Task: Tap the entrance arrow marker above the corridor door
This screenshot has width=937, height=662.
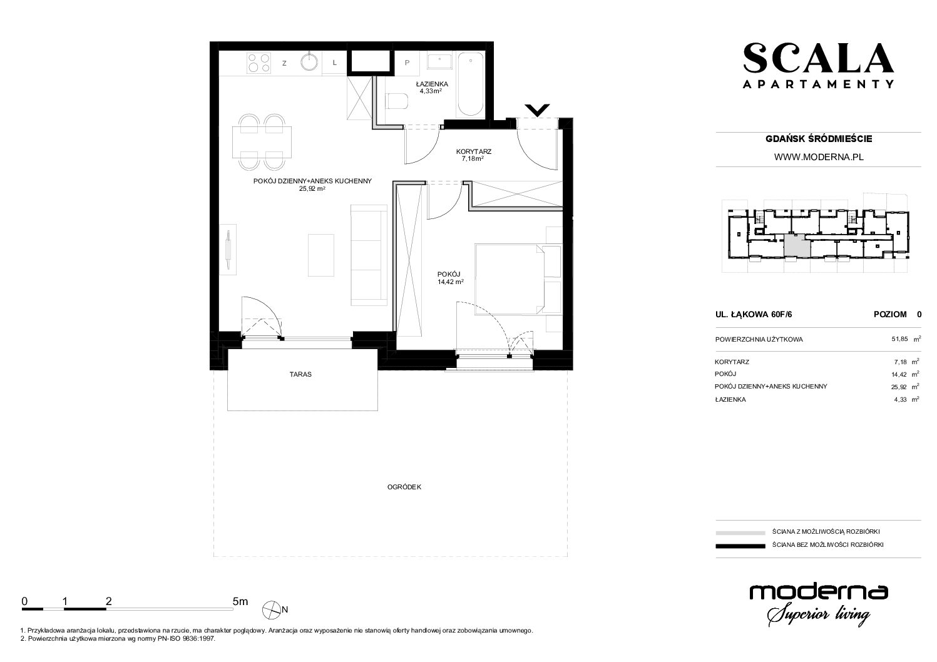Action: click(x=537, y=110)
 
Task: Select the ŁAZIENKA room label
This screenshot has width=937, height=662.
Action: click(x=432, y=84)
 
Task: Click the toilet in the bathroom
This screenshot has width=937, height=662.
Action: click(x=396, y=101)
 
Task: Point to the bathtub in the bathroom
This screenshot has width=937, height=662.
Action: click(x=471, y=84)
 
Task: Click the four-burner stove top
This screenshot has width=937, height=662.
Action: click(x=259, y=63)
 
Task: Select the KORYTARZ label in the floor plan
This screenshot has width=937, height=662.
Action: click(x=474, y=151)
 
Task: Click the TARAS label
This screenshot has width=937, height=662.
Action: click(x=300, y=374)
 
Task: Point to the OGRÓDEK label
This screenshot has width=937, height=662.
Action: click(x=404, y=487)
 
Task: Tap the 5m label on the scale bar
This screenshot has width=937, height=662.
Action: click(x=240, y=601)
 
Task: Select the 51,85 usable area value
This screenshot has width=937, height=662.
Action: click(x=899, y=339)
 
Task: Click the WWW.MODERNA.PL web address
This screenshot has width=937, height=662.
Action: click(x=819, y=157)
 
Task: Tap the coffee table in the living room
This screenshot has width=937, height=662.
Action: click(x=321, y=255)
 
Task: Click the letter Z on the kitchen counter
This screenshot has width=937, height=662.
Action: click(x=284, y=64)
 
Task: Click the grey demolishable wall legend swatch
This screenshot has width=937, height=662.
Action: click(x=740, y=532)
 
